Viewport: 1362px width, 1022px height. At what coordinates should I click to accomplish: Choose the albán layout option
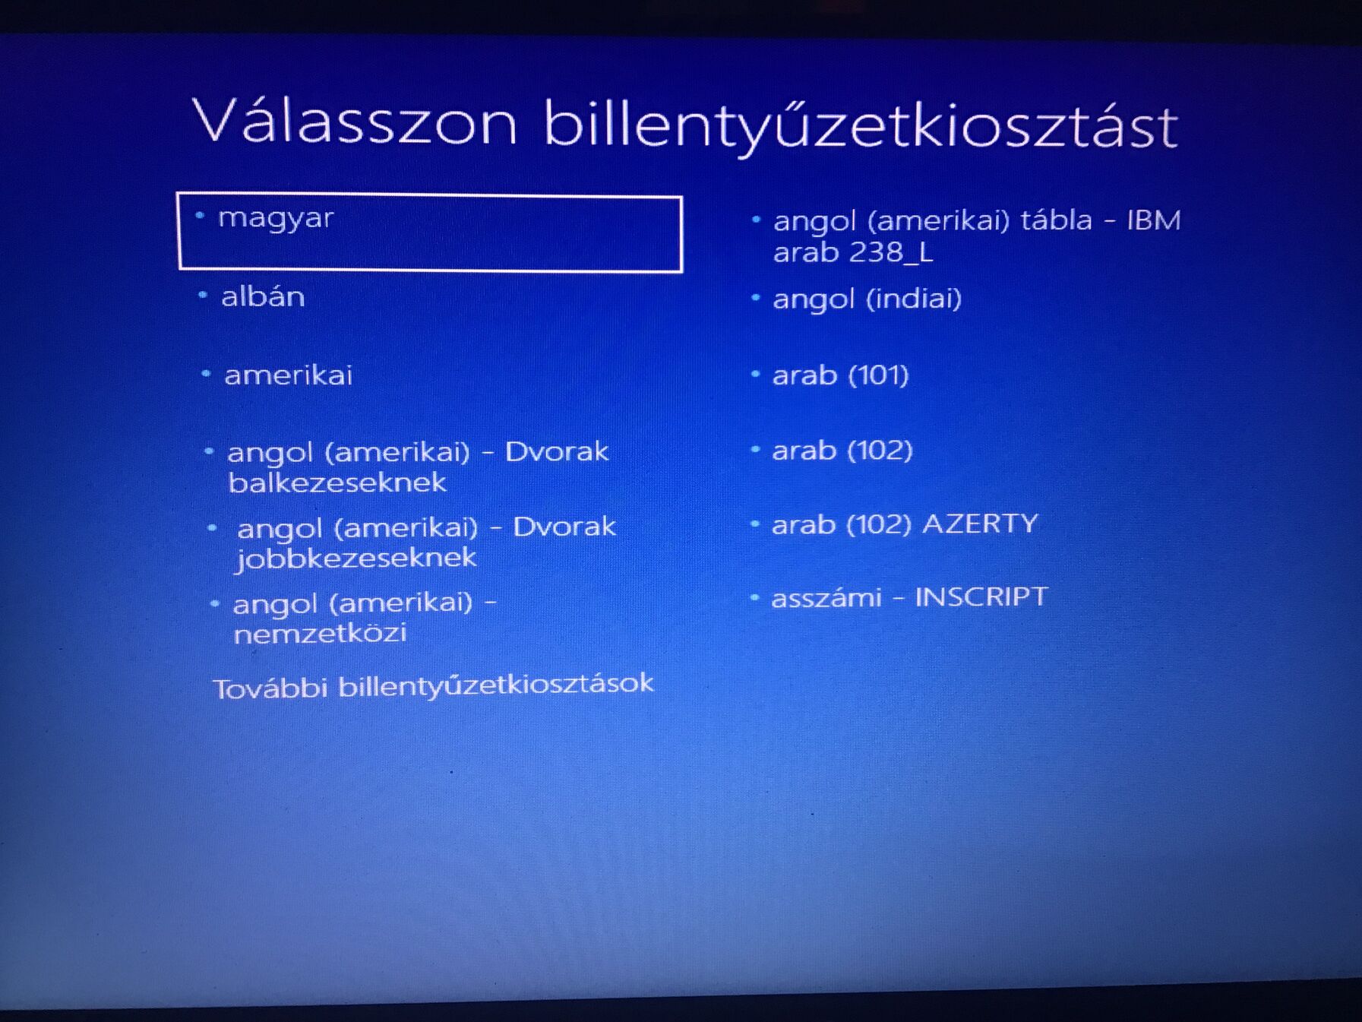click(x=263, y=296)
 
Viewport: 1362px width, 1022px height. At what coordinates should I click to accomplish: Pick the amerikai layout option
click(x=289, y=375)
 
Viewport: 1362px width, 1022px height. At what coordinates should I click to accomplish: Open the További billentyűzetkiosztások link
click(x=433, y=685)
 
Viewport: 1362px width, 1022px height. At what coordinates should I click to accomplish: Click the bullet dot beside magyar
click(x=201, y=216)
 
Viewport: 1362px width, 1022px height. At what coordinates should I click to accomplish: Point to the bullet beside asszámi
click(x=754, y=597)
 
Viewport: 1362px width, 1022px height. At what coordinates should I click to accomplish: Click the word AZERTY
click(x=981, y=524)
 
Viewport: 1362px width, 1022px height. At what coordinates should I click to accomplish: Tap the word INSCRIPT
click(x=981, y=597)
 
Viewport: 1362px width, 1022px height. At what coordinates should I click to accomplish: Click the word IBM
click(x=1154, y=220)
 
